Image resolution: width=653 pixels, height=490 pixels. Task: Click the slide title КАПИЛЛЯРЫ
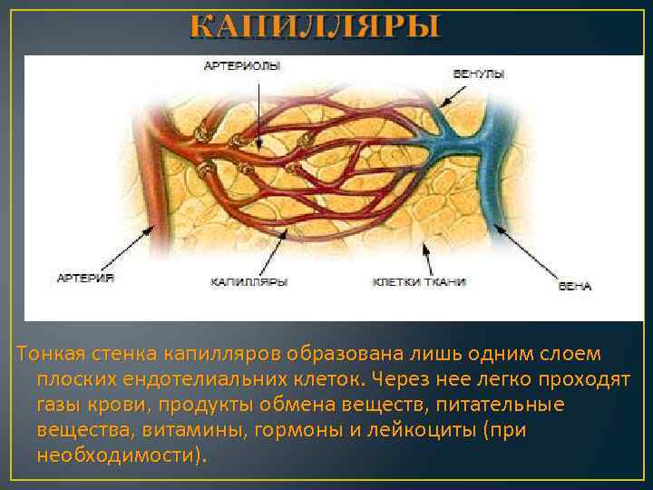(x=315, y=25)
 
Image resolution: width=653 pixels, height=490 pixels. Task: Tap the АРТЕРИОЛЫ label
(x=242, y=65)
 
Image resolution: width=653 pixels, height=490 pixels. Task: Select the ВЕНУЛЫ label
(x=477, y=73)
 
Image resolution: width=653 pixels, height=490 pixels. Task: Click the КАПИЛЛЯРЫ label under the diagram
(x=249, y=282)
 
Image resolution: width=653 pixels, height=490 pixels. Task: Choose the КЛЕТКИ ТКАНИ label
(x=419, y=282)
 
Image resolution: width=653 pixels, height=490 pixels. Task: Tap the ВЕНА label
(x=575, y=286)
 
